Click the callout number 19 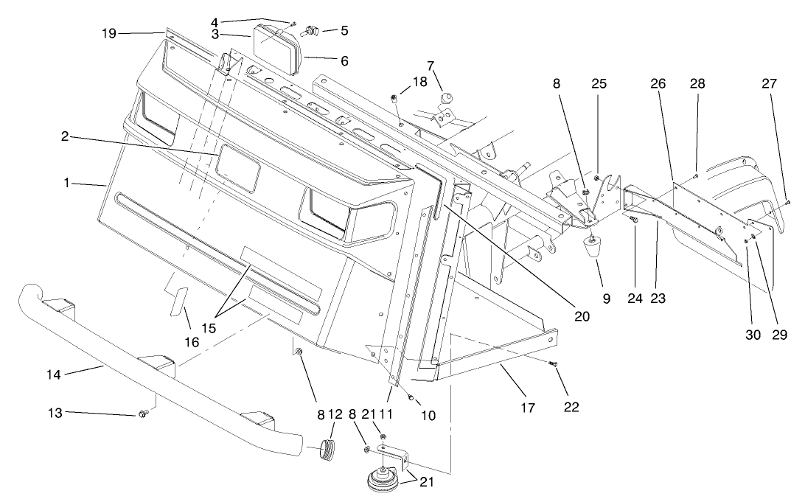[109, 34]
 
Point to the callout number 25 [599, 84]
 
